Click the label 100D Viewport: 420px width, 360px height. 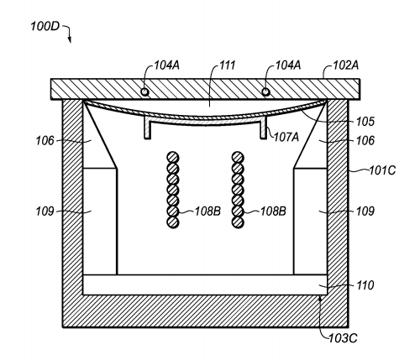[45, 27]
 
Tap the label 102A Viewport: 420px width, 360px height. [345, 65]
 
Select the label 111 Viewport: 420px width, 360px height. [227, 65]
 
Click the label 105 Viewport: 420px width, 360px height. [365, 122]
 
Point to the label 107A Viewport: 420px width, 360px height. [286, 137]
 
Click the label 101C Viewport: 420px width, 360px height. [382, 170]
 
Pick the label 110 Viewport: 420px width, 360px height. [365, 285]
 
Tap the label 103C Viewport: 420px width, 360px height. [343, 338]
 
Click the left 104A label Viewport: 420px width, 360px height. [167, 65]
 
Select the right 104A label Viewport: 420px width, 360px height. [288, 65]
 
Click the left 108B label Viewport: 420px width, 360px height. [207, 211]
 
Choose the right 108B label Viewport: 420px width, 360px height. [273, 211]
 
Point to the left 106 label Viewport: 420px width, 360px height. [45, 141]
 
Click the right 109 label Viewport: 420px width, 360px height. [365, 211]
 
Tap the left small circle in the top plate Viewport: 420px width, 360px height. [144, 91]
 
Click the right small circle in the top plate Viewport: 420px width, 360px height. [265, 91]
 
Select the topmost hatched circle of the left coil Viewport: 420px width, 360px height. [173, 158]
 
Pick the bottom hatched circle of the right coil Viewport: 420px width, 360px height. [238, 222]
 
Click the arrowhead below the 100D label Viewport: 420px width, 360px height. [70, 40]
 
